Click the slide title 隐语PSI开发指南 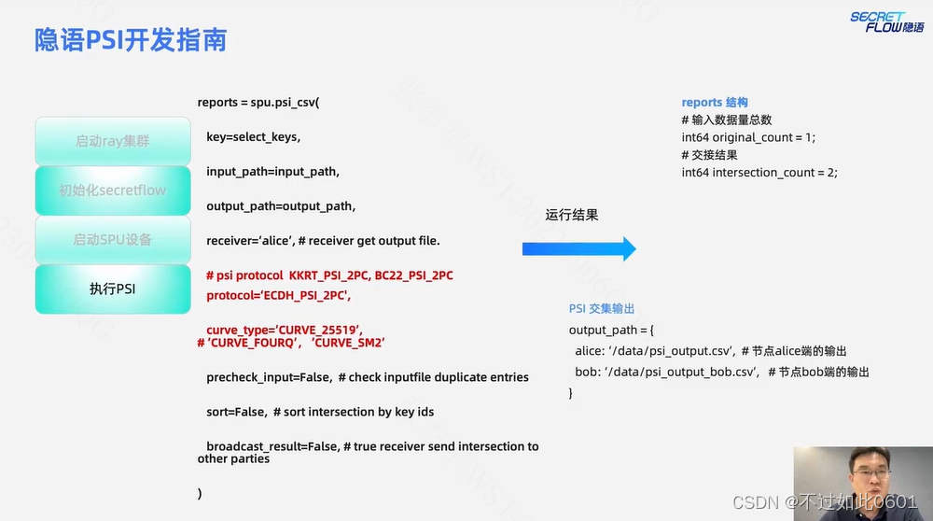[131, 40]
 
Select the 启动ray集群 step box [112, 141]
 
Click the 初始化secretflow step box [112, 190]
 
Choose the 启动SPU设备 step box [112, 240]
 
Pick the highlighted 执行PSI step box [112, 289]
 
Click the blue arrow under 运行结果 [578, 249]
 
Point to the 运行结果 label [572, 215]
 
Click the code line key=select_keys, [253, 137]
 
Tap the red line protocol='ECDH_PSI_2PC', [278, 296]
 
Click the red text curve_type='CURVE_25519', [284, 330]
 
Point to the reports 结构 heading [715, 103]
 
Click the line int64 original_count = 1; [748, 137]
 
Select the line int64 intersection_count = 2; [759, 173]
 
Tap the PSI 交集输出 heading [602, 309]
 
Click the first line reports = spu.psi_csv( [258, 102]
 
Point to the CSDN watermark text [825, 502]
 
